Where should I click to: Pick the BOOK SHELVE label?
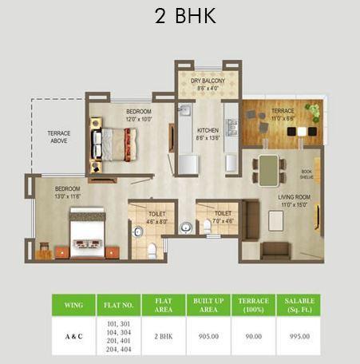point(307,174)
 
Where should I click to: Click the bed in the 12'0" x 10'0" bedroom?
point(111,142)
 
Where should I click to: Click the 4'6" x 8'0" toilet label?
point(156,217)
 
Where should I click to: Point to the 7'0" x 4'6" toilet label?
point(223,216)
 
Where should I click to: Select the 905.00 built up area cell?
point(207,337)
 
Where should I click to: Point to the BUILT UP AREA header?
point(207,303)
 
